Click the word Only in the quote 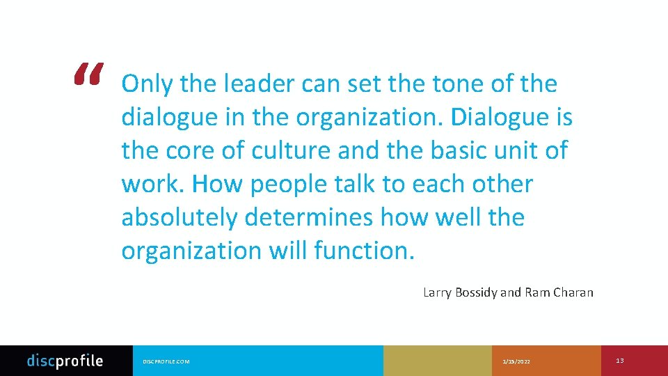pos(147,84)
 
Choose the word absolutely pos(180,218)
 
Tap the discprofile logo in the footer pos(65,361)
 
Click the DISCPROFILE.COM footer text pos(166,361)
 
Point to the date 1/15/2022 pos(516,361)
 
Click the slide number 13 pos(620,361)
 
